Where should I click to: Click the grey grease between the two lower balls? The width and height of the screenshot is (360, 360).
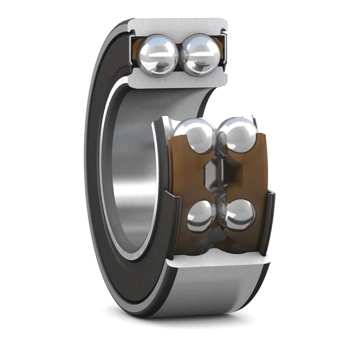click(220, 234)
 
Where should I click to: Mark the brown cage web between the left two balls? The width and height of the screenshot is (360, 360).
click(187, 176)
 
